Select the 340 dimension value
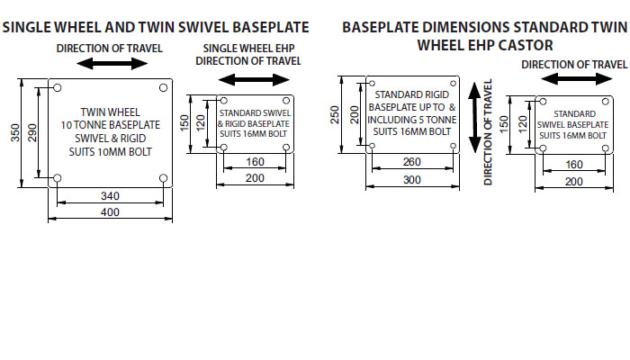click(x=110, y=195)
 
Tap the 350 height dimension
click(x=14, y=132)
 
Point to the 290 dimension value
click(x=33, y=132)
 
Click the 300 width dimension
click(x=411, y=180)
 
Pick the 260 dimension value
click(x=411, y=163)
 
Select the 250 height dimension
click(x=335, y=114)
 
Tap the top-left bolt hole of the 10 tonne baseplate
click(x=58, y=87)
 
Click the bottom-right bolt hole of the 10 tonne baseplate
click(x=163, y=179)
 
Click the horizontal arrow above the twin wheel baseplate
click(x=112, y=64)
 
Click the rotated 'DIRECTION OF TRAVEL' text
click(x=490, y=133)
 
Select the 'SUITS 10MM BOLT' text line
click(x=110, y=152)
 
